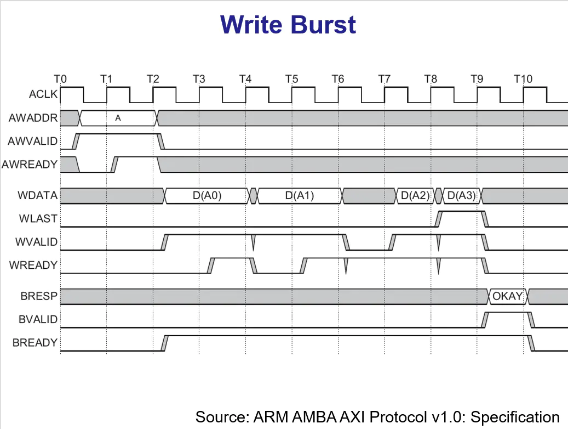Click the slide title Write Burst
[288, 25]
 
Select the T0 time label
[60, 79]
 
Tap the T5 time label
[291, 79]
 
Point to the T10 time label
[523, 79]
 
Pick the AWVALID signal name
[33, 141]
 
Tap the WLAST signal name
[39, 219]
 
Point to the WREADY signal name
[33, 266]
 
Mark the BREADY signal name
[35, 343]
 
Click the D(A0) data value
[206, 195]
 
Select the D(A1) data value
[300, 195]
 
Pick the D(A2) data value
[415, 195]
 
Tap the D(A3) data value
[461, 195]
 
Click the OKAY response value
[508, 297]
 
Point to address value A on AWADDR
[118, 117]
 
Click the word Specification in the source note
[515, 416]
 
